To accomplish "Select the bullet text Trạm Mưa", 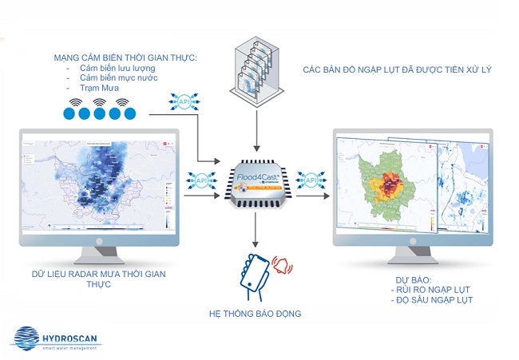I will [99, 89].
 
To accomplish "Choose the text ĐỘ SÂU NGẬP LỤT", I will [434, 300].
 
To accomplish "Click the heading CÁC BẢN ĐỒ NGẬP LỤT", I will [397, 69].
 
